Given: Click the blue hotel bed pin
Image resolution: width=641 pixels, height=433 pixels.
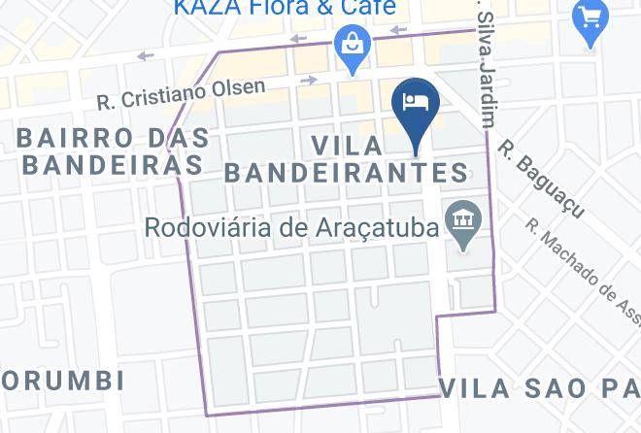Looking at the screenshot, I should click(x=416, y=102).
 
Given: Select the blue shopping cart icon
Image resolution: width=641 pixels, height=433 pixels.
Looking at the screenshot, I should click(x=590, y=17).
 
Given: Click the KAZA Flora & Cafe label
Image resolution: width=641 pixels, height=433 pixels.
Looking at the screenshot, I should click(x=286, y=9).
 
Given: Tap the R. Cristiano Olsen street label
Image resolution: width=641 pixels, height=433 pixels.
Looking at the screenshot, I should click(x=182, y=93).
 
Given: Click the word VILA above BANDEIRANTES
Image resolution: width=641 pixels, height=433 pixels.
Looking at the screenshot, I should click(x=347, y=146).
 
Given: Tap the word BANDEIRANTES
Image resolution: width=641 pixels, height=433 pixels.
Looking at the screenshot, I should click(x=347, y=174).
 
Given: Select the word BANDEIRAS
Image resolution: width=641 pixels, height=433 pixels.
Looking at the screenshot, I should click(x=112, y=165).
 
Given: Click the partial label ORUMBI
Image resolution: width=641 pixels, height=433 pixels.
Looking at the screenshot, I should click(x=62, y=380).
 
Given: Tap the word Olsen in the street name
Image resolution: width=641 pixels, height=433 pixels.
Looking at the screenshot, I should click(x=237, y=88).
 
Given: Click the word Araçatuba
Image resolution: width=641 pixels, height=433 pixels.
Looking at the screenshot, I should click(x=379, y=229).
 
